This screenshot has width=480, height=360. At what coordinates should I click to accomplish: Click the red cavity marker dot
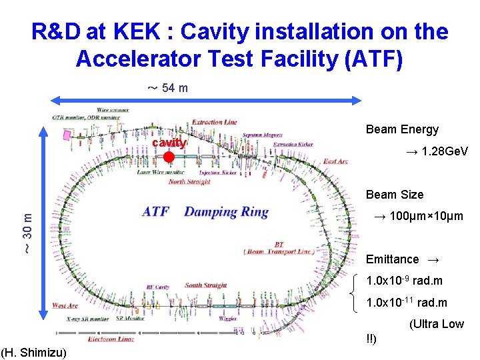click(169, 157)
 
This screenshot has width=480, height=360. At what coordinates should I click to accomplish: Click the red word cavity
click(169, 143)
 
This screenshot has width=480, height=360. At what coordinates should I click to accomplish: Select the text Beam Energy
click(402, 129)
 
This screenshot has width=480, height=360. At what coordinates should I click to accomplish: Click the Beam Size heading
click(394, 195)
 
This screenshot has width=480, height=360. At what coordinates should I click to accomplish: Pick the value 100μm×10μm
click(417, 217)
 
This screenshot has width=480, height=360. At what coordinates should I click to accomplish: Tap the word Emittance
click(393, 259)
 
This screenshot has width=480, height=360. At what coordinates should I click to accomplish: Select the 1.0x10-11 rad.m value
click(407, 303)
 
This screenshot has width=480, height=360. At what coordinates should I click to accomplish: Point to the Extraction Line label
click(214, 122)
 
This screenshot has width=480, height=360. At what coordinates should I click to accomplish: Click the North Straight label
click(189, 181)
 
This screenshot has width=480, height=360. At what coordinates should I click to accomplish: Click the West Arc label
click(65, 306)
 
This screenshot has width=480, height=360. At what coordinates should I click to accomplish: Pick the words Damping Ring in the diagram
click(226, 213)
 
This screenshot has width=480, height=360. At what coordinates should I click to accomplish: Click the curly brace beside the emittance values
click(353, 292)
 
